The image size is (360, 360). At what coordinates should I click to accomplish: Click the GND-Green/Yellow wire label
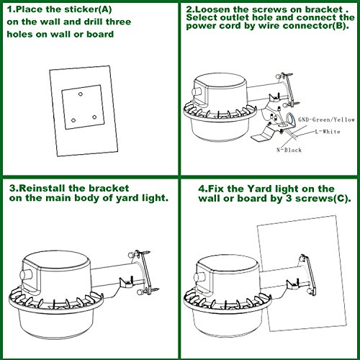[326, 120]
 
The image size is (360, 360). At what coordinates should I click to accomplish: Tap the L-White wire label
[328, 132]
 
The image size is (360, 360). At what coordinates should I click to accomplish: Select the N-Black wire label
[289, 150]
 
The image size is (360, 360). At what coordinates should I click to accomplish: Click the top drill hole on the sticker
[81, 94]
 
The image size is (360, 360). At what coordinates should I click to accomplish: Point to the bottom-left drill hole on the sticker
[73, 120]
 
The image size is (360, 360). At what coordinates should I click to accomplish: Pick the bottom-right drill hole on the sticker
[94, 117]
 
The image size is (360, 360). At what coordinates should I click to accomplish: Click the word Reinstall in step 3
[42, 188]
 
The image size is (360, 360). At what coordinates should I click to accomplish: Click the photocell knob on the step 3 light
[26, 275]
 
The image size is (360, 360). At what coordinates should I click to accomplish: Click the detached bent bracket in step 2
[264, 132]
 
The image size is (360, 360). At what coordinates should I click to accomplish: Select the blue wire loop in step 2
[291, 120]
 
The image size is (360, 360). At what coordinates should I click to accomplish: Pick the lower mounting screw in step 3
[148, 291]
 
